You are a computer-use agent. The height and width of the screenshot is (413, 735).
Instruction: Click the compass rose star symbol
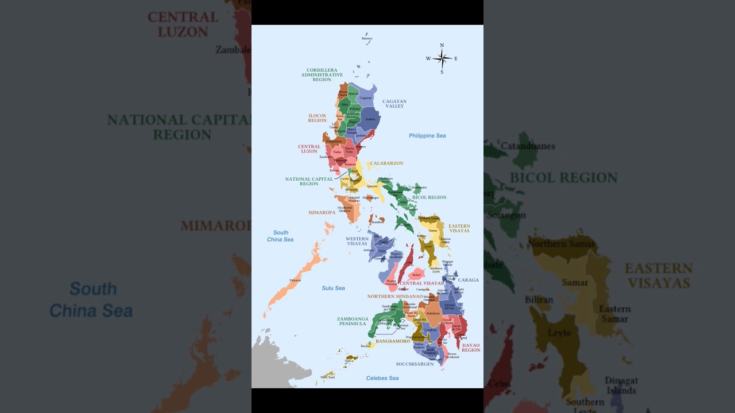click(x=442, y=59)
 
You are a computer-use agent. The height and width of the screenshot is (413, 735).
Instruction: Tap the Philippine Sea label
click(x=427, y=136)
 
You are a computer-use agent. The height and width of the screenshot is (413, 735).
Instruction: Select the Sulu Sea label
click(x=333, y=288)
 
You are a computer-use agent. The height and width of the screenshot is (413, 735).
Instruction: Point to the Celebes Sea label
click(x=382, y=378)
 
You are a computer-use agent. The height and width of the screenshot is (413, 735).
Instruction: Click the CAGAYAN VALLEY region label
click(x=394, y=104)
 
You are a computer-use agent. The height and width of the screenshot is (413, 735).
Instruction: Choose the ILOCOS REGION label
click(x=317, y=118)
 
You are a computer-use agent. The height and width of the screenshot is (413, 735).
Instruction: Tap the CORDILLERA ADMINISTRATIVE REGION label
click(x=322, y=75)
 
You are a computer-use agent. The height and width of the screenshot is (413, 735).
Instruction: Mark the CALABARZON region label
click(x=386, y=163)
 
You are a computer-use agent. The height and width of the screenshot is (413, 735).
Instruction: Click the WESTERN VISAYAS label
click(x=357, y=241)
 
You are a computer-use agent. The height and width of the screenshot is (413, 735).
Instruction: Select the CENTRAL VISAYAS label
click(x=421, y=283)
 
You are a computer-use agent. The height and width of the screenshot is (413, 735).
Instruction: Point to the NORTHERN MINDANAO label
click(x=391, y=297)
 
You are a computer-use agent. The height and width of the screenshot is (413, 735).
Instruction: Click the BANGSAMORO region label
click(x=393, y=341)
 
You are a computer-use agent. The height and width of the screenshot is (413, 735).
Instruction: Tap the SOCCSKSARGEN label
click(x=415, y=364)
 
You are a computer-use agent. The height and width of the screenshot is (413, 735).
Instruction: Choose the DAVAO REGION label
click(x=471, y=348)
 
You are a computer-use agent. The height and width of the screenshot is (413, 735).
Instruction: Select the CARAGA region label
click(x=469, y=280)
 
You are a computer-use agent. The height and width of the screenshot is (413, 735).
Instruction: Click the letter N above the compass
click(x=442, y=45)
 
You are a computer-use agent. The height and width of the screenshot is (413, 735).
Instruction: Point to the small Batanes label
click(x=367, y=38)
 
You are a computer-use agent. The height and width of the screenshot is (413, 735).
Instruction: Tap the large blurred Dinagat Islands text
click(x=621, y=385)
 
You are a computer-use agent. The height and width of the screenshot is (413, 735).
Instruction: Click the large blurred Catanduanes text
click(x=528, y=146)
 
